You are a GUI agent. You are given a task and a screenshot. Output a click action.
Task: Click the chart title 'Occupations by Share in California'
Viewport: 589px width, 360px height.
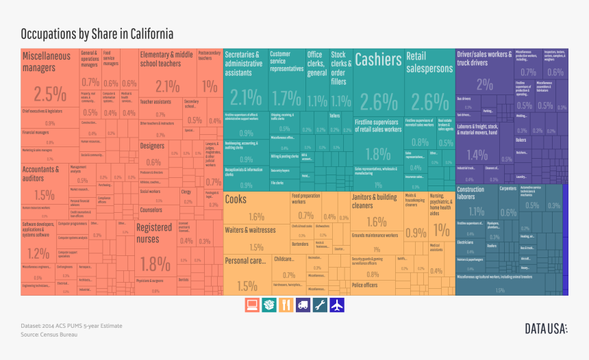coord(97,34)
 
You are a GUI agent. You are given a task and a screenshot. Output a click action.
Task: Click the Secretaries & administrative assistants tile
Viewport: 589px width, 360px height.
coord(245,82)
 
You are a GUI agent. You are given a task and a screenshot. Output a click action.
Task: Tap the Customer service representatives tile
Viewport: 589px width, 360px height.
coord(286,82)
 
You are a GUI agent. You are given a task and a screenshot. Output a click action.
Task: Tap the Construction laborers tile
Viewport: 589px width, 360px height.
coord(475,202)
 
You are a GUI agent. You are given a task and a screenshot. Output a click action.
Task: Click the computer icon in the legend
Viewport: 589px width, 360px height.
coord(253,305)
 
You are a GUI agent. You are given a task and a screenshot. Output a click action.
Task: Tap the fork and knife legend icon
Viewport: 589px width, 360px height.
coord(286,305)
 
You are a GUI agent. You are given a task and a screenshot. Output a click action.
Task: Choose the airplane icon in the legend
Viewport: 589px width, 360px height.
coord(337,305)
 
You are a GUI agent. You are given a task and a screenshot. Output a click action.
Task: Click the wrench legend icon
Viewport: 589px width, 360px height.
coord(320,305)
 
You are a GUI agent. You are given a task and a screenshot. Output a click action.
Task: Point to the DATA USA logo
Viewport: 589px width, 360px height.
coord(546,329)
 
